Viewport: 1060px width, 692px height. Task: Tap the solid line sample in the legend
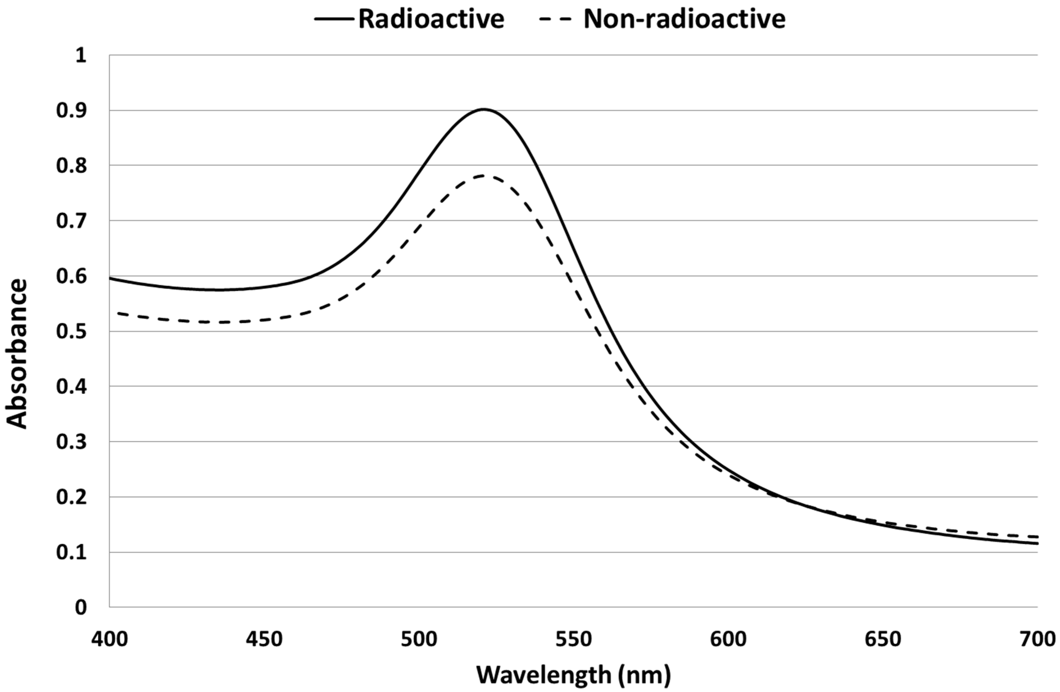(x=334, y=19)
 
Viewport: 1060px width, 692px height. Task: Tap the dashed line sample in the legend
(x=554, y=19)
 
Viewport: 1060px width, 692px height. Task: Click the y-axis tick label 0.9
(x=71, y=111)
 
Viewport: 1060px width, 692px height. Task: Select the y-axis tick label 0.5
(x=71, y=331)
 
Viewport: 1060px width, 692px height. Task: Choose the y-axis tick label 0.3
(x=71, y=442)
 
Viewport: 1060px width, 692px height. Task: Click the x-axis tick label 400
(x=110, y=639)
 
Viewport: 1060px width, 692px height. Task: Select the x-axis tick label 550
(x=574, y=639)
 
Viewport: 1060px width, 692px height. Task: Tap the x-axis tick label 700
(x=1037, y=639)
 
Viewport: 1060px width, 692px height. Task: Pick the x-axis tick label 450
(x=264, y=639)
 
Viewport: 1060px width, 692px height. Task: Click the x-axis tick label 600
(x=728, y=639)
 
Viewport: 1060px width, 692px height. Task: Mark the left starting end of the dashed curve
(x=118, y=314)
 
